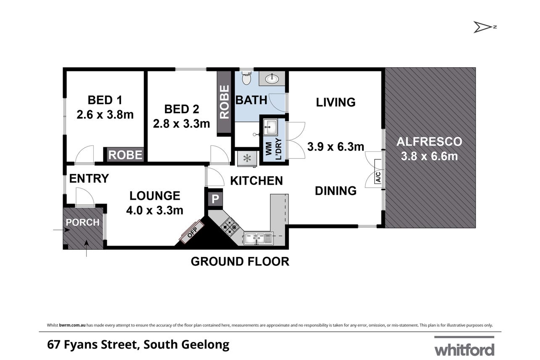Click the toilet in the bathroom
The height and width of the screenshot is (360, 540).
[246, 77]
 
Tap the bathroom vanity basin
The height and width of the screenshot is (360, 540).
[272, 78]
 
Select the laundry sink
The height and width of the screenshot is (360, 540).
[270, 127]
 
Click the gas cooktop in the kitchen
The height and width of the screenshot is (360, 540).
[230, 227]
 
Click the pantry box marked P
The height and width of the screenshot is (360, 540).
[215, 199]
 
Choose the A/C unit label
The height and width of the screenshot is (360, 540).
[378, 177]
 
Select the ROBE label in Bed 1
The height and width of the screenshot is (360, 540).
[125, 155]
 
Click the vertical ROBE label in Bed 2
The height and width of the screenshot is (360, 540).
[225, 102]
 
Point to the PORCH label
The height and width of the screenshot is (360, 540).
[83, 222]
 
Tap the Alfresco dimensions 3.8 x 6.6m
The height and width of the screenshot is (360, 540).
[429, 156]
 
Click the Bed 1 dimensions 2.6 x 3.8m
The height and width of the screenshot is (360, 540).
[105, 114]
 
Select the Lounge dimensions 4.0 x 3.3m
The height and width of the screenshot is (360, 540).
[155, 211]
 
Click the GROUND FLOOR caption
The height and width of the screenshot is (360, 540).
[240, 262]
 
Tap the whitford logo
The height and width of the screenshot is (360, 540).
[464, 346]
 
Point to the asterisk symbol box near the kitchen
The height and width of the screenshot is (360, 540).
[247, 159]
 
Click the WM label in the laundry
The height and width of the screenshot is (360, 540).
[268, 149]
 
